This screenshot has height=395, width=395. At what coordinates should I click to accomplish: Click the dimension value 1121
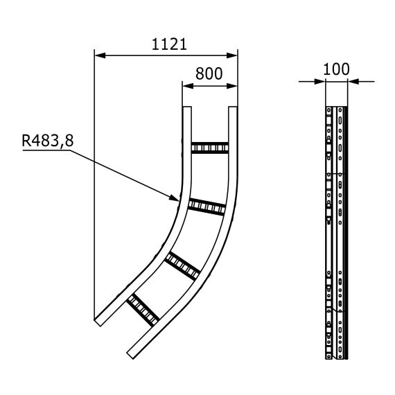tap(169, 44)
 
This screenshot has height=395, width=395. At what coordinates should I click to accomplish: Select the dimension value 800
tap(209, 73)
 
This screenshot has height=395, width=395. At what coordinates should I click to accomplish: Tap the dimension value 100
tap(337, 69)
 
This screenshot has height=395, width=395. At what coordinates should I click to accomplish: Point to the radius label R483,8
tap(47, 141)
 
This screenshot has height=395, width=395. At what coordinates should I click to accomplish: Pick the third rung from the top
tap(183, 263)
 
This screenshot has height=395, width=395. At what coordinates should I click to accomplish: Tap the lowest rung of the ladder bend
tap(142, 310)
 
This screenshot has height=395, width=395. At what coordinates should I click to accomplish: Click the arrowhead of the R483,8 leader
tap(175, 199)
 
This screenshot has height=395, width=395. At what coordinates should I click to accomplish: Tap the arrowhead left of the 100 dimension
tap(320, 81)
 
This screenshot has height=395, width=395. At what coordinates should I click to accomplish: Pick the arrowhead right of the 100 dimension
tap(352, 81)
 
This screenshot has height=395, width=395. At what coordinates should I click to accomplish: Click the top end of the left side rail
tap(186, 108)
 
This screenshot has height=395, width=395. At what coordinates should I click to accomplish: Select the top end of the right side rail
tap(233, 108)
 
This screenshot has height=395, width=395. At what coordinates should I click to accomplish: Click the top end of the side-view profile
tap(336, 108)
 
